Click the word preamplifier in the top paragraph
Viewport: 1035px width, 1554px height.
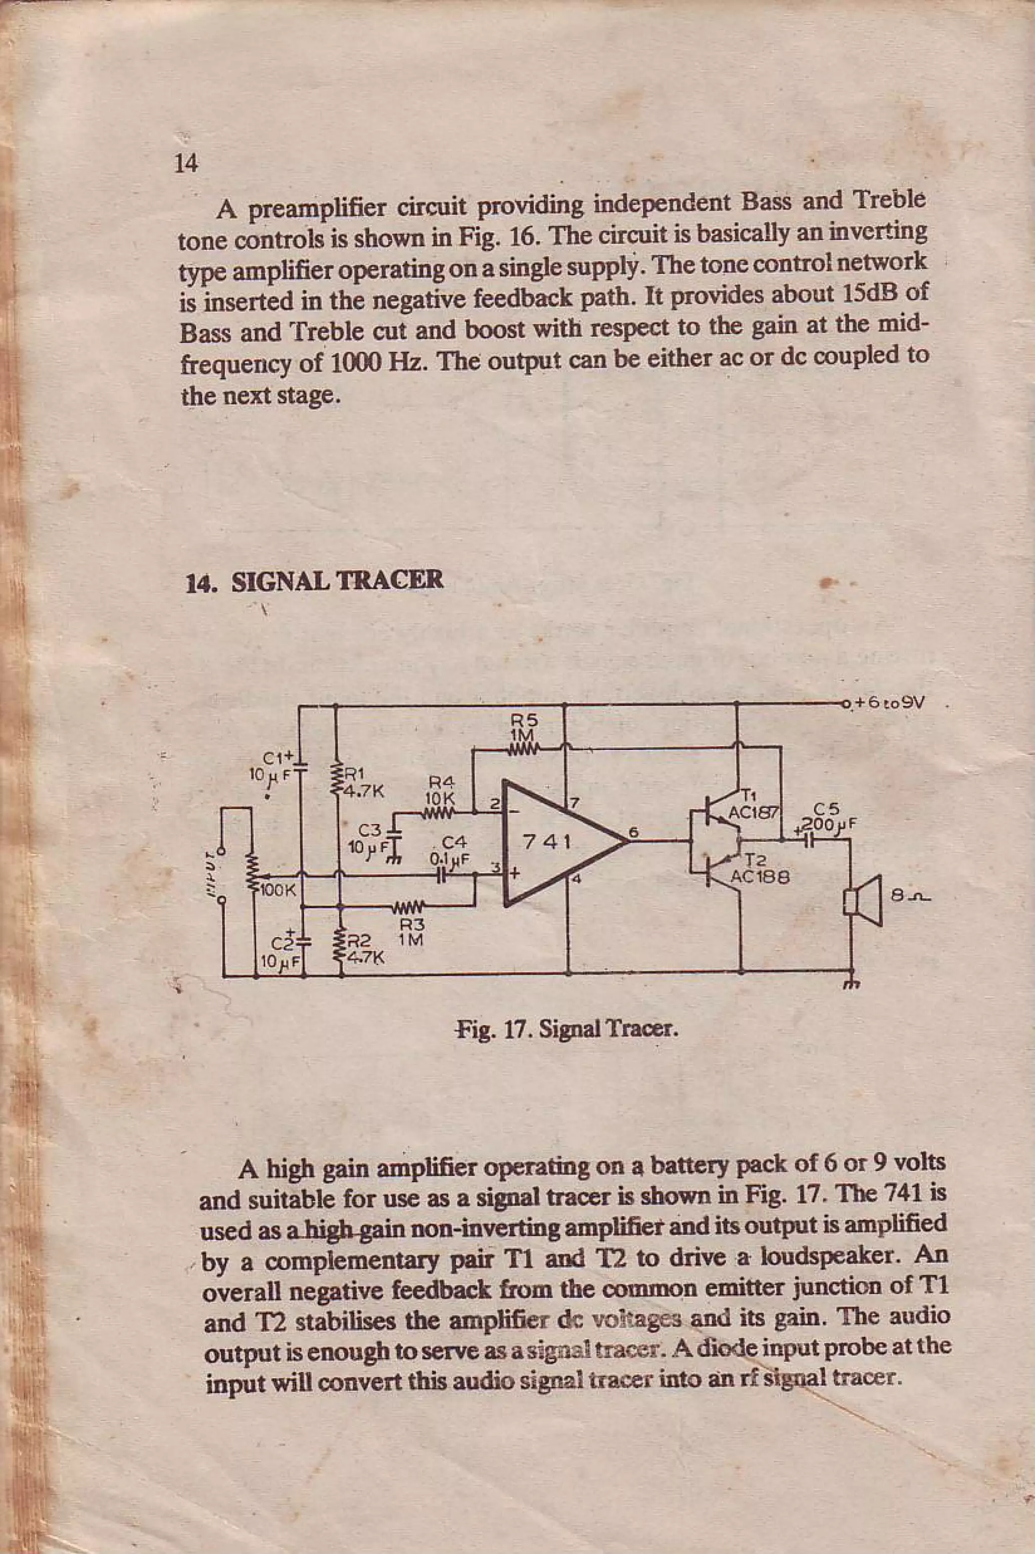323,210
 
